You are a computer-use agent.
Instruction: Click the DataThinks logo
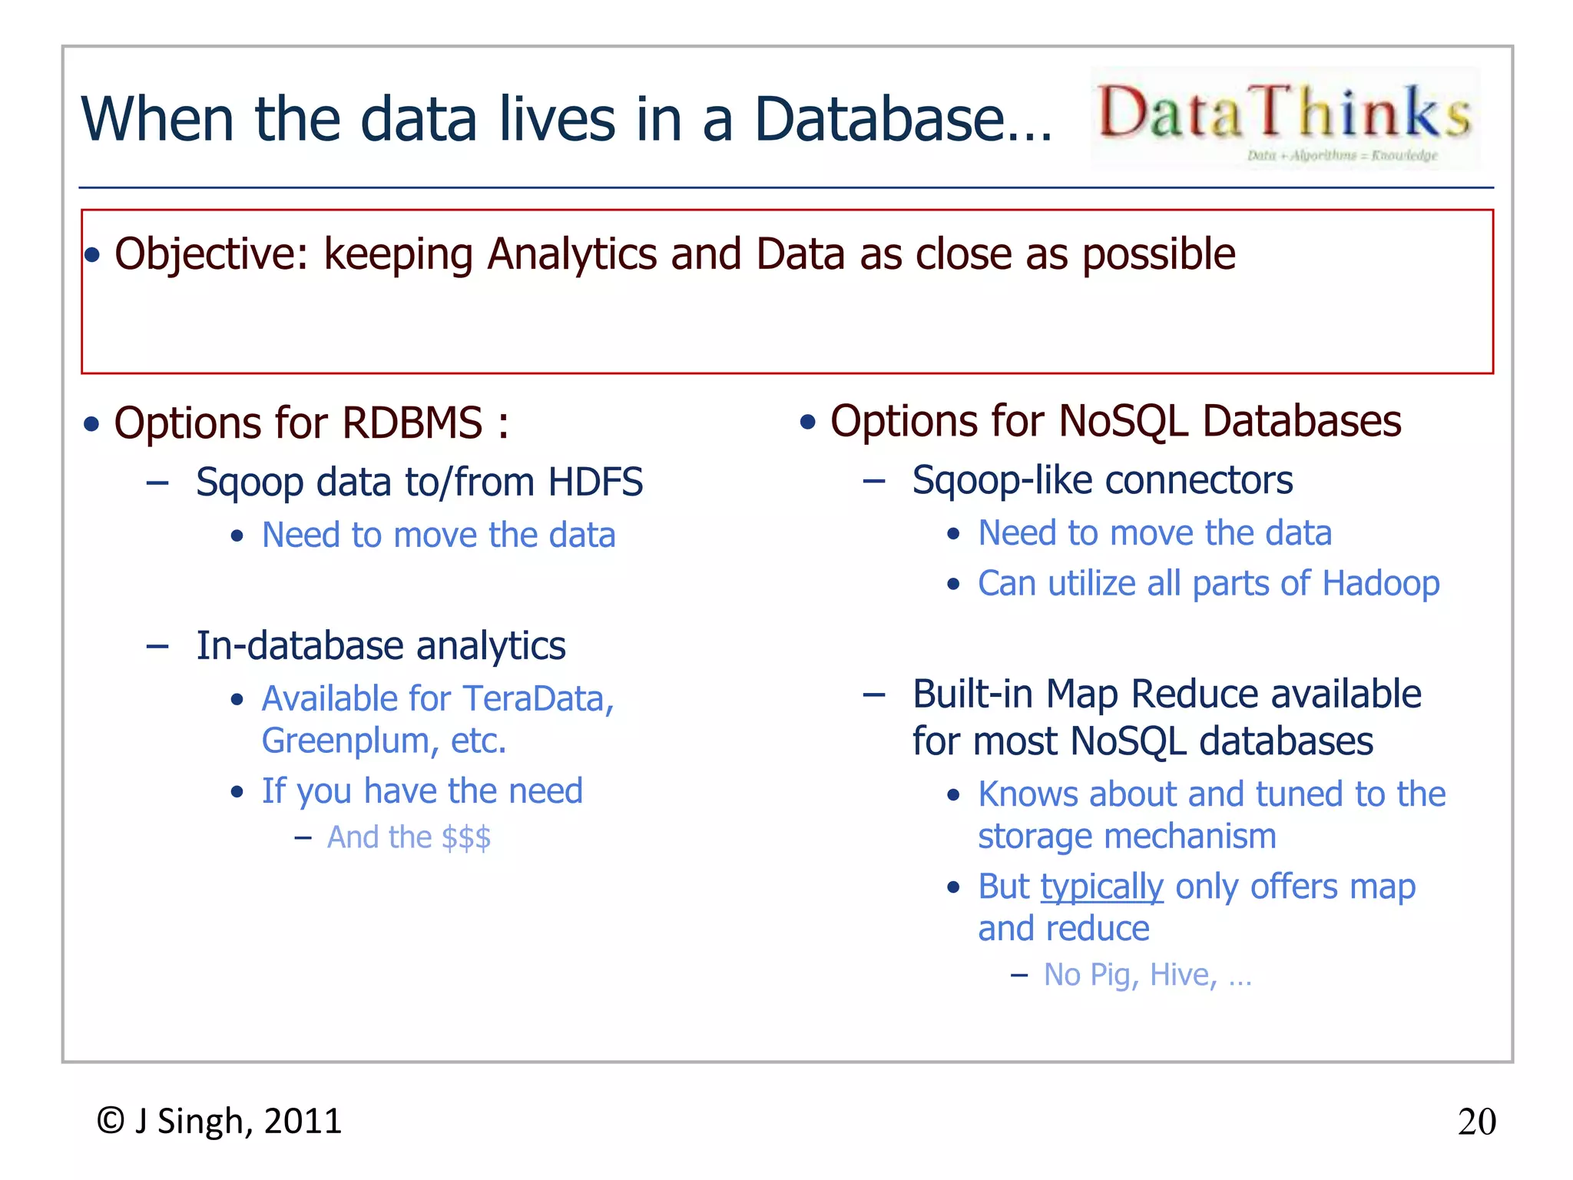[1284, 117]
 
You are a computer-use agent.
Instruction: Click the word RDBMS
[412, 423]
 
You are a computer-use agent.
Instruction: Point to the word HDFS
[594, 482]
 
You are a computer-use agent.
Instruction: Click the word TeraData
[536, 699]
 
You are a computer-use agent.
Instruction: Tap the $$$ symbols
[465, 837]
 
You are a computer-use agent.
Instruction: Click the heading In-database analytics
[381, 646]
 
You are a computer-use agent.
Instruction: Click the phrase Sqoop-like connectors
[1102, 481]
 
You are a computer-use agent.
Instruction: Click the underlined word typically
[1101, 887]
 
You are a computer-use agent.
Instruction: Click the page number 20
[1476, 1122]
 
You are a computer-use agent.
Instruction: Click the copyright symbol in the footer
[111, 1121]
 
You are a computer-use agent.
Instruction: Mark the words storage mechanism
[1126, 837]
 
